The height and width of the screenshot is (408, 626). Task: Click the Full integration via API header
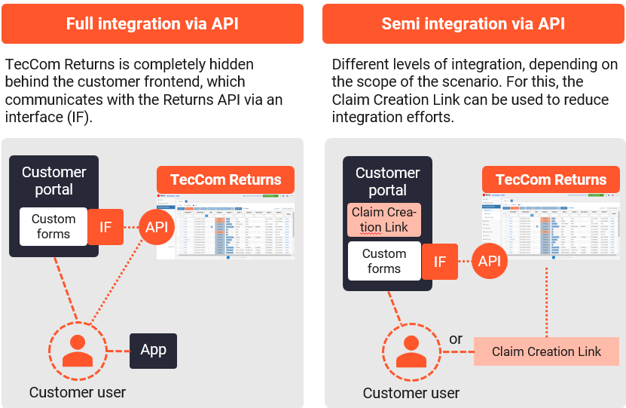coord(152,23)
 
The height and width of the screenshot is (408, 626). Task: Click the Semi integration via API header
coord(473,23)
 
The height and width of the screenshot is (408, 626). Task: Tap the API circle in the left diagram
coord(157,226)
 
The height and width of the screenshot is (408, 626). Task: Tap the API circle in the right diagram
coord(490,261)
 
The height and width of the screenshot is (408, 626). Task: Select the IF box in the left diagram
coord(105,226)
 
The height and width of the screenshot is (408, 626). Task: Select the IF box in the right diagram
coord(440,262)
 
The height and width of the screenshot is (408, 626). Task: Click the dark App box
coord(153,351)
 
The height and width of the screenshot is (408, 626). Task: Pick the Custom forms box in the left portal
coord(53,226)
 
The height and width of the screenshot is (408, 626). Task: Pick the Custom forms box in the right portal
coord(383,261)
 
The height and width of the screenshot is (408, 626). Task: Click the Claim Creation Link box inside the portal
coord(383,219)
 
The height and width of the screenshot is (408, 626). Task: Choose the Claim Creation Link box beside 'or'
coord(546,351)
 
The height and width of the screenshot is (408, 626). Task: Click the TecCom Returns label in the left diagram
coord(225,180)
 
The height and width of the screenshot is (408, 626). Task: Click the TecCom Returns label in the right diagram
coord(551,180)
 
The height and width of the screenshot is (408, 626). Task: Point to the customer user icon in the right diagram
coord(411,351)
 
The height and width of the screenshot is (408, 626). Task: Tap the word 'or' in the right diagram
coord(456,339)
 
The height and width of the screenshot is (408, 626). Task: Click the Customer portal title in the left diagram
coord(53,180)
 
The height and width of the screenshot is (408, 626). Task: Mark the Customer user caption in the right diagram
coord(411,393)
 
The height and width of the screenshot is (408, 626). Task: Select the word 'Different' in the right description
coord(359,65)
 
